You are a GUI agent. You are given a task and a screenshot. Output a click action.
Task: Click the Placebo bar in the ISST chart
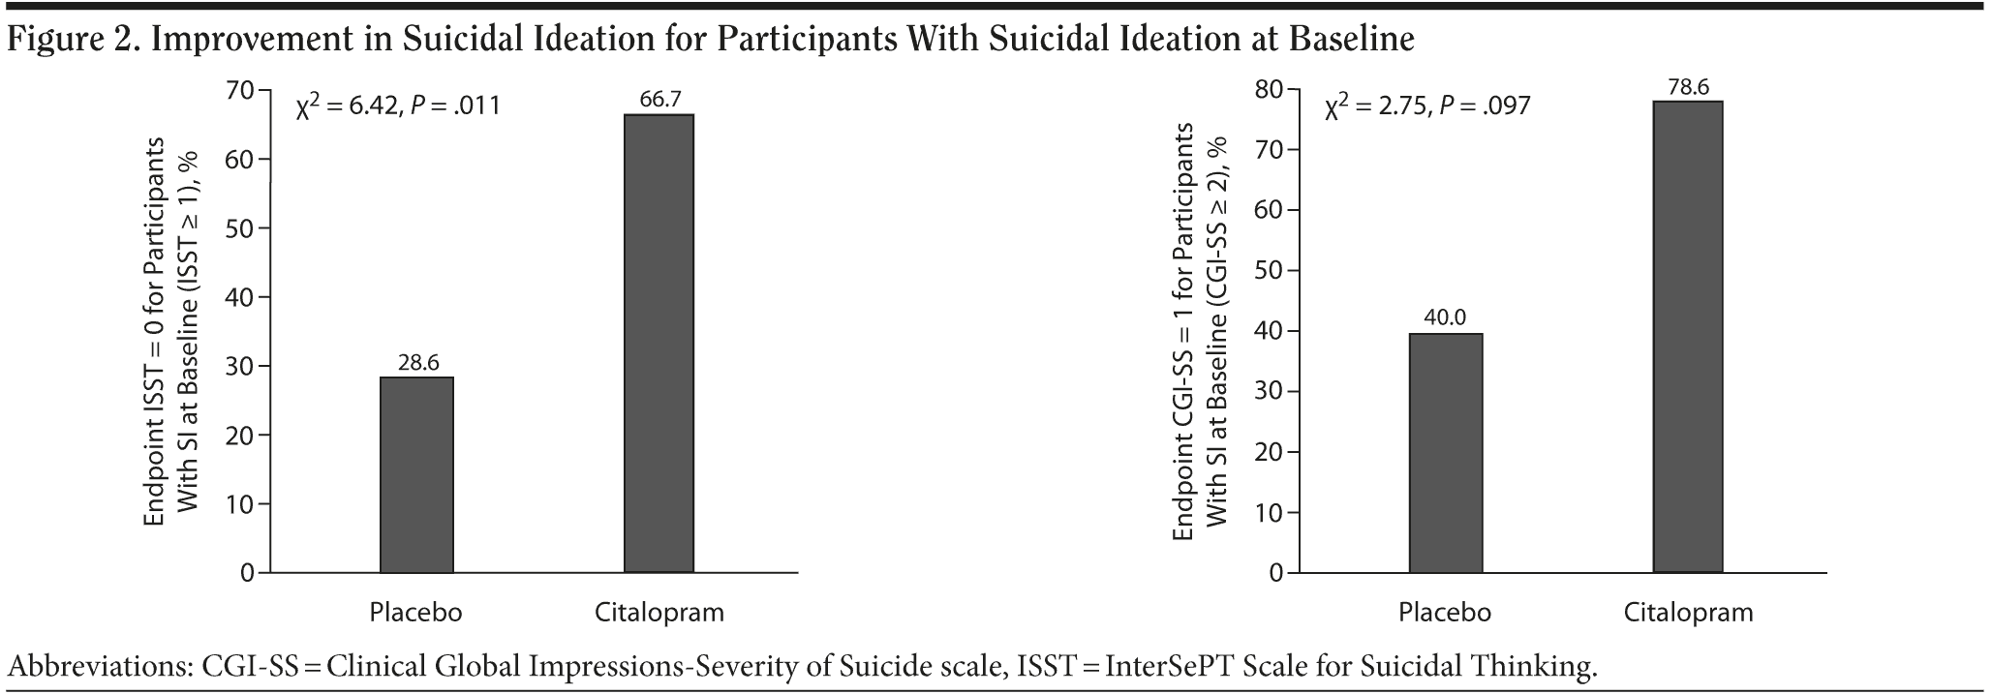tap(416, 474)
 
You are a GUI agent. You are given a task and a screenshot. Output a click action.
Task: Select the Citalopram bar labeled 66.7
tap(659, 344)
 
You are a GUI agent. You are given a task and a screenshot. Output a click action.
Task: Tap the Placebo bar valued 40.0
tap(1445, 453)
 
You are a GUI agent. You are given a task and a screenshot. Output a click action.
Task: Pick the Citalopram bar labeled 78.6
tap(1687, 337)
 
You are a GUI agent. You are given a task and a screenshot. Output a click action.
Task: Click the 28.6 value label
tap(418, 363)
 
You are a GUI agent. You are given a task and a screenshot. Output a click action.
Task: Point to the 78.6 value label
tap(1688, 87)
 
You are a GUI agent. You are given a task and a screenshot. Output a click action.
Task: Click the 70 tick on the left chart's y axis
tap(240, 90)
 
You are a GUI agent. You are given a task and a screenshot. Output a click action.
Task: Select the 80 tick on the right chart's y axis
tap(1269, 89)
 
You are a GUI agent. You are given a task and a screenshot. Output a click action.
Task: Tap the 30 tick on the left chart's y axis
tap(240, 367)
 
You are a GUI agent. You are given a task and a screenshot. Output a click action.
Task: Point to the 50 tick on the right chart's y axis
tap(1269, 271)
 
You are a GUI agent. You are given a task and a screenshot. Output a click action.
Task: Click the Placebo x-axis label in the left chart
tap(415, 613)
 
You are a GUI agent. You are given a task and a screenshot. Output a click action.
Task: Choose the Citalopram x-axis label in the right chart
tap(1688, 613)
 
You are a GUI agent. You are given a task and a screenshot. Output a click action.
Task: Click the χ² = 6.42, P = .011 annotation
tap(398, 105)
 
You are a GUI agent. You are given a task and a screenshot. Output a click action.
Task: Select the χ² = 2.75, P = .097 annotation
tap(1427, 105)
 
